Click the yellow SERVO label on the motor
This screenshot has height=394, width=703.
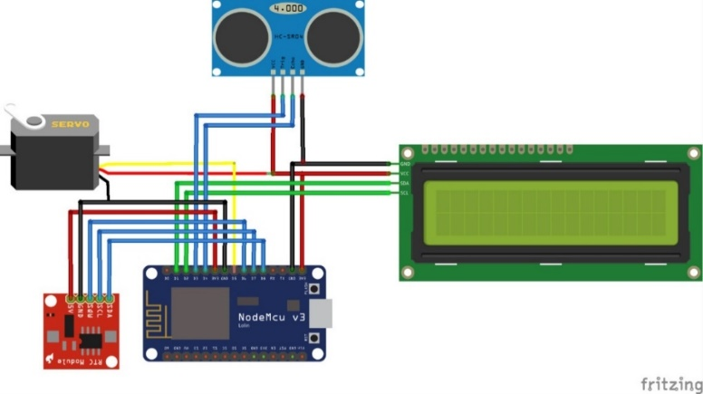coord(70,124)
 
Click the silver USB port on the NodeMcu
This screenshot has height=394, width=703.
coord(321,312)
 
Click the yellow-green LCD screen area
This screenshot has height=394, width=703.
coord(551,212)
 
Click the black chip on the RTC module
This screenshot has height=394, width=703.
coord(91,341)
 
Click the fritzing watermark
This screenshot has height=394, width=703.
coord(670,384)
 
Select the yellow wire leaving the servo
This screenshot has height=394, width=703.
coord(163,164)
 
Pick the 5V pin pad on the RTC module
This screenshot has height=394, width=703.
coord(71,298)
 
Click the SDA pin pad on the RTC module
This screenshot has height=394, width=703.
coord(110,298)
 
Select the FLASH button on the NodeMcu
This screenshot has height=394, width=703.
coord(314,338)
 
